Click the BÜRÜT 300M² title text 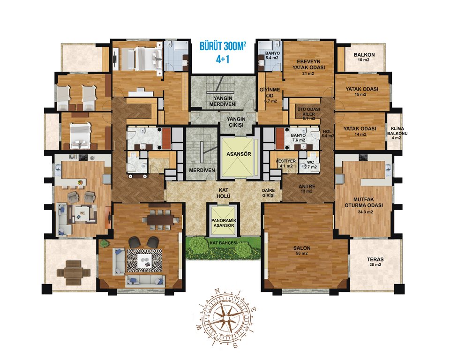tap(223, 46)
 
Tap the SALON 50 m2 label tap(302, 250)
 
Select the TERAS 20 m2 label tap(375, 262)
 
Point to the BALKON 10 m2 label tap(364, 57)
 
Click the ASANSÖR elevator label tap(239, 154)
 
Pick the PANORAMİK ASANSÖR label tap(223, 223)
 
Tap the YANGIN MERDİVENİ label tap(223, 101)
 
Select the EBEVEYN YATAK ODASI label tap(309, 67)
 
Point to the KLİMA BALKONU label tap(397, 134)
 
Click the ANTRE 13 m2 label tap(307, 188)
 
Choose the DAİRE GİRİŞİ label tap(268, 193)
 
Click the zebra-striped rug tap(145, 261)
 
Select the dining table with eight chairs tap(161, 220)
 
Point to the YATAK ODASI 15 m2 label tap(361, 91)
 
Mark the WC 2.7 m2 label tap(310, 165)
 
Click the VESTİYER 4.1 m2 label tap(285, 163)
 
